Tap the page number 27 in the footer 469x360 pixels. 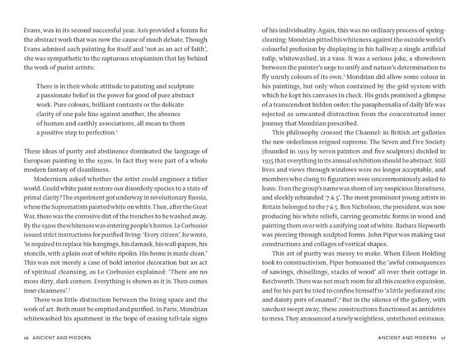[444, 339]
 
